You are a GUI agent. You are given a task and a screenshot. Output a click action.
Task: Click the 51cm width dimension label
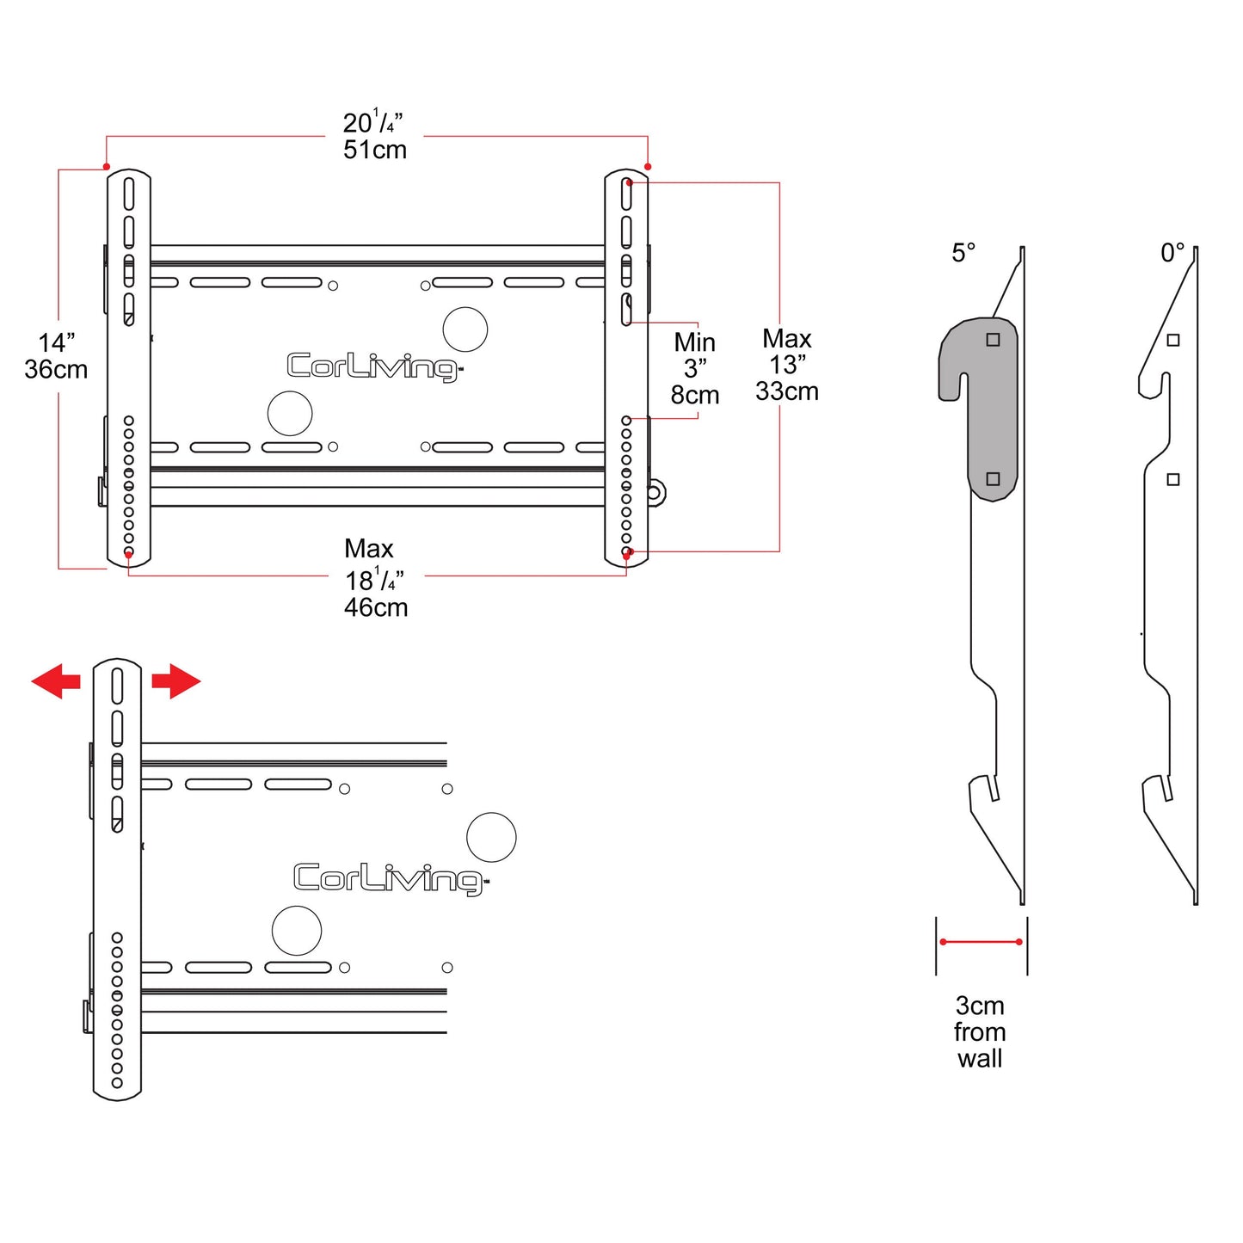pos(375,150)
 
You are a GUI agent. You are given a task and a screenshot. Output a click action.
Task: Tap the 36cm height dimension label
pos(56,370)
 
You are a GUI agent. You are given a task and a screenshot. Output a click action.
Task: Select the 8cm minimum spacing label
pos(695,395)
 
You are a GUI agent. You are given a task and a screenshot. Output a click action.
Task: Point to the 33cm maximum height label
pos(787,391)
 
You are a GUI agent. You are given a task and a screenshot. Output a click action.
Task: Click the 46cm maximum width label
pos(376,607)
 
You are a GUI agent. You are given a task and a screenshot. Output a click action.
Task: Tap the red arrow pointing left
pos(56,681)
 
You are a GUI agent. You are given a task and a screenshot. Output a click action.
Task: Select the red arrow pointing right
pos(176,681)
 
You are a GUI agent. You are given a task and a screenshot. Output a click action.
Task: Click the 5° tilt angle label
pos(963,252)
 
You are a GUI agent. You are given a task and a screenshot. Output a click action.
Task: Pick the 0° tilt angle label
pos(1172,252)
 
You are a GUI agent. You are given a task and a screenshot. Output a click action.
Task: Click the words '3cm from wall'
pos(980,1032)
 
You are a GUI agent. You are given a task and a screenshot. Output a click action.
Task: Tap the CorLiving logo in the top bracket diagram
pos(373,367)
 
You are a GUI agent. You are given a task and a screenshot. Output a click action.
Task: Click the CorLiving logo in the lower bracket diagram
pos(391,878)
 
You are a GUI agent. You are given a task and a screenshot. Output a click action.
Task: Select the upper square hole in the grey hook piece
pos(993,340)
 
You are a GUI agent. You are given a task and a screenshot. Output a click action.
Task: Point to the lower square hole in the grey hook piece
pos(993,478)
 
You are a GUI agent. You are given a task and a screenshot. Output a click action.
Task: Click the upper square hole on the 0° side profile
pos(1173,340)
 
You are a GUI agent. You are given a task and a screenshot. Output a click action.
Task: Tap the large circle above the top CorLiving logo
pos(465,329)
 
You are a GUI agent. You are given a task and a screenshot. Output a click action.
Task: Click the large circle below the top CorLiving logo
pos(290,413)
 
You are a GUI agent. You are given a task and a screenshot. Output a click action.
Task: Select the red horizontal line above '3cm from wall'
pos(981,943)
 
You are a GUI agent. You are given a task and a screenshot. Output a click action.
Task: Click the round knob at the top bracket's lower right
pos(655,494)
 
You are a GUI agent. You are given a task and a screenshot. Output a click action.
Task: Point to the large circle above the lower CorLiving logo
pos(491,837)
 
